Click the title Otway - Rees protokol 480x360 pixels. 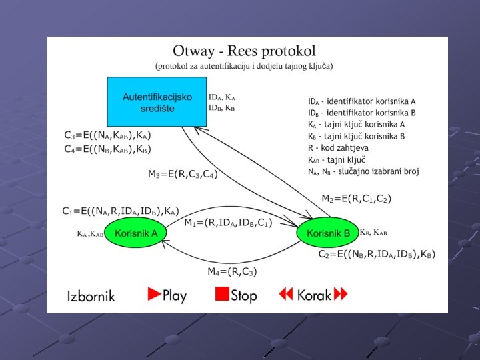coord(244,51)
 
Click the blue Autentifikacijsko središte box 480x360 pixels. coord(157,102)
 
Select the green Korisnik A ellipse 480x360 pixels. coord(136,233)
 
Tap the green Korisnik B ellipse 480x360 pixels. coord(327,233)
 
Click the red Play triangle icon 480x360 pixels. coord(155,294)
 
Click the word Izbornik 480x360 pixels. coord(91,295)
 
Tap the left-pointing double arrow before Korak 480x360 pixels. coord(286,294)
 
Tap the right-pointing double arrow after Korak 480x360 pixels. coord(341,294)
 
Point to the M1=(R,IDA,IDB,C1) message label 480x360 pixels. coord(227,223)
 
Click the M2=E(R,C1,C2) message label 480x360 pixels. coord(356,199)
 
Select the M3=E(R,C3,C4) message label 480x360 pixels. coord(183,175)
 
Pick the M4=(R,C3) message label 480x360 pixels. coord(232,271)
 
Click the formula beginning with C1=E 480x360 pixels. coord(121,211)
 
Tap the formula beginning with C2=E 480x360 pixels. coord(377,254)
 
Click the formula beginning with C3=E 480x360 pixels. coord(112,135)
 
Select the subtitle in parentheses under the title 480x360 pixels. coord(244,66)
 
